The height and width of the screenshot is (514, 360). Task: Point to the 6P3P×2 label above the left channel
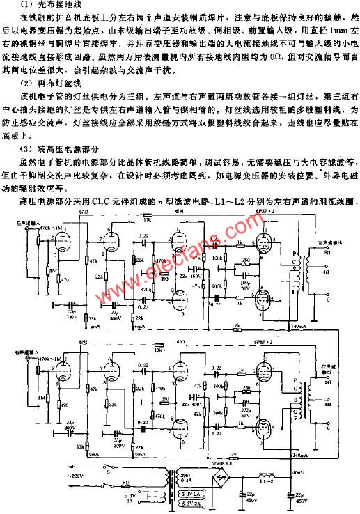click(272, 209)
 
